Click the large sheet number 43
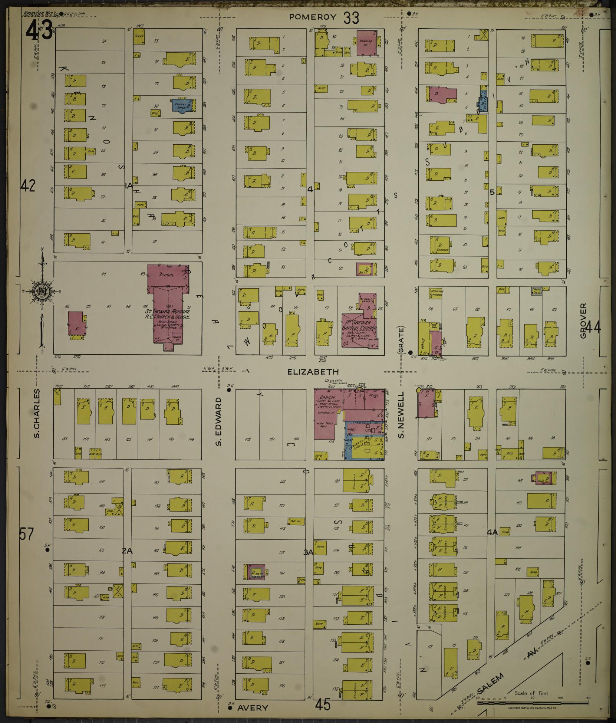[x=39, y=29]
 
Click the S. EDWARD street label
[x=219, y=421]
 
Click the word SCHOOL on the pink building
[x=166, y=275]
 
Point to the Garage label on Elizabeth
[x=326, y=397]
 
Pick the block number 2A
[x=127, y=551]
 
